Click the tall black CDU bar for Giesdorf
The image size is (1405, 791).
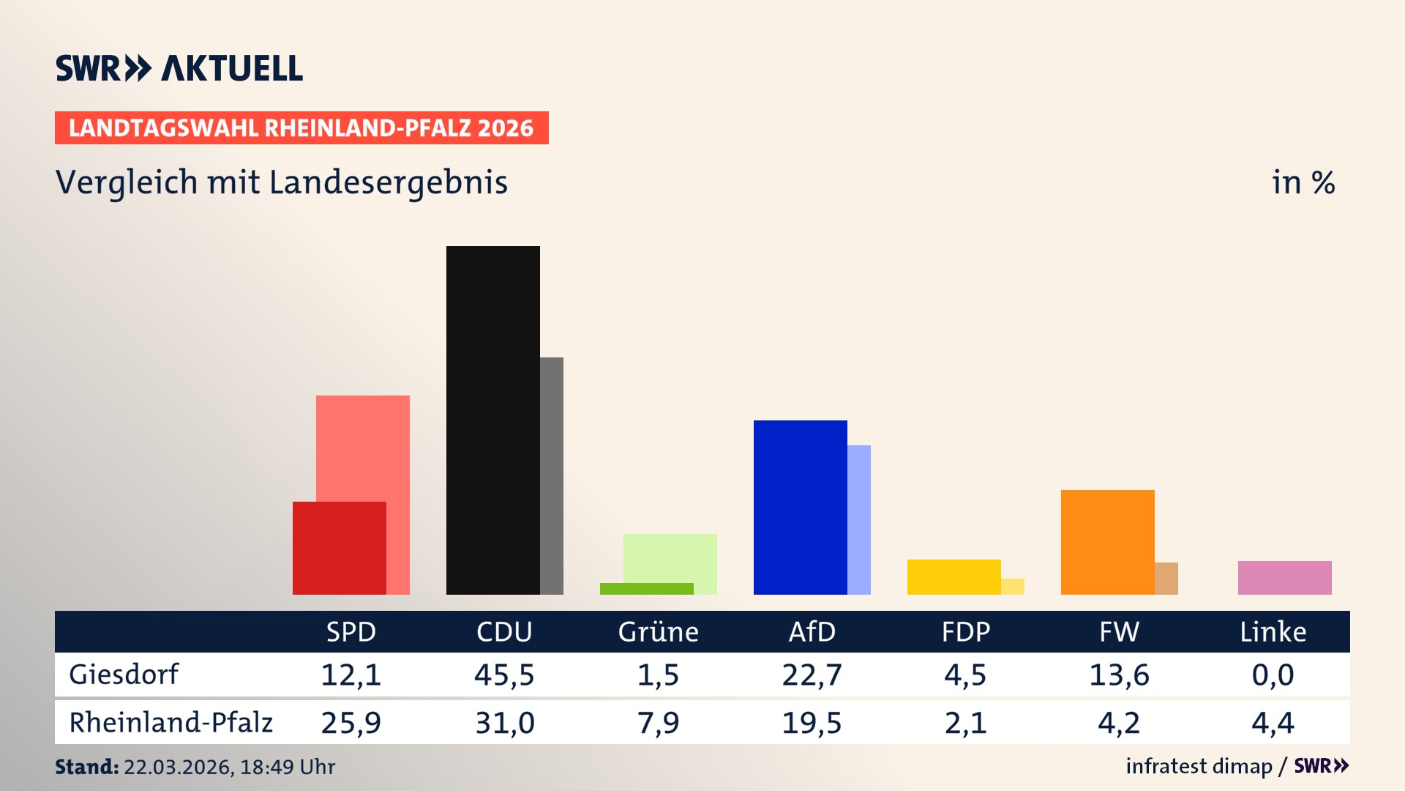point(492,420)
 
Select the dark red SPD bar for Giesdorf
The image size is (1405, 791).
point(339,548)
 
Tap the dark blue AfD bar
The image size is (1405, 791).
point(800,507)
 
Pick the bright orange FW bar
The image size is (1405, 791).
point(1107,542)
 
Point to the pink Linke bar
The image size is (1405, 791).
point(1284,577)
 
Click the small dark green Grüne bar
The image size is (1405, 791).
point(646,589)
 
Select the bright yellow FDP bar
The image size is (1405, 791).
point(953,576)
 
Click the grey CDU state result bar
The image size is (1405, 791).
point(552,476)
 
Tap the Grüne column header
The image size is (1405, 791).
point(658,631)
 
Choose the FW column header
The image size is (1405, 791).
point(1119,631)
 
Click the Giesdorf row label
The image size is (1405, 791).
point(123,675)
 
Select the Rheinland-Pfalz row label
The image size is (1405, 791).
point(171,723)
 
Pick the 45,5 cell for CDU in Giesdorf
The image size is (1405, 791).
point(504,675)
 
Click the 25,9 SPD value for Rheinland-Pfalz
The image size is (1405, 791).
point(351,723)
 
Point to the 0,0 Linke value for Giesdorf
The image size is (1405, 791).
point(1273,675)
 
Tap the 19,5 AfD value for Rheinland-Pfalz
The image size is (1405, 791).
point(812,723)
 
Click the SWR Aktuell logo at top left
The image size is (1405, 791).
point(179,68)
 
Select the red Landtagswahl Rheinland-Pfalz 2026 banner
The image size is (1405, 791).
point(301,128)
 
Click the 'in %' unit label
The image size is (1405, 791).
point(1303,182)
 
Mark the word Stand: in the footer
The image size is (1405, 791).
point(86,767)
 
